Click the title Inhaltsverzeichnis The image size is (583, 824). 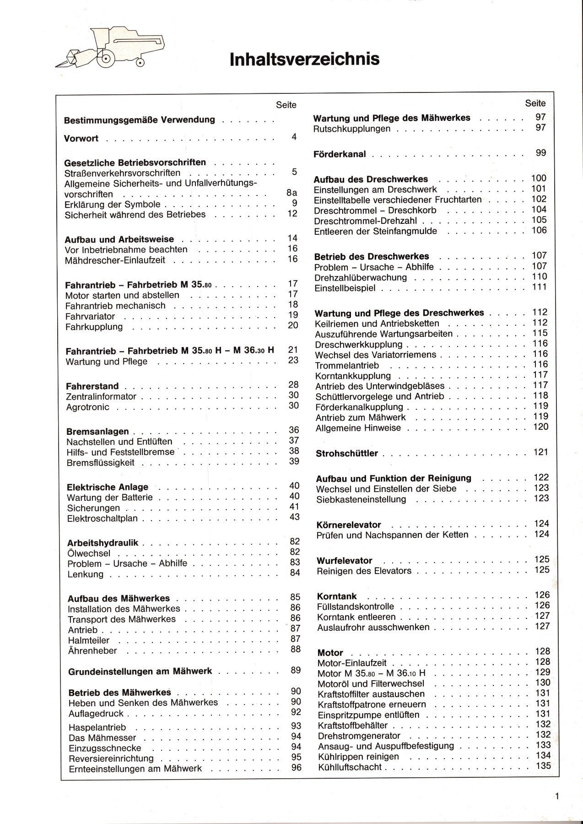coord(304,60)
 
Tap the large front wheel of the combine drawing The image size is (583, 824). coord(107,59)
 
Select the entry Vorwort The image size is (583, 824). coord(81,139)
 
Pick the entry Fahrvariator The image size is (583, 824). coord(90,316)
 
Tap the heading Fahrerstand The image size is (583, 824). coord(92,386)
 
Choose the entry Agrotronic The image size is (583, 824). coord(88,407)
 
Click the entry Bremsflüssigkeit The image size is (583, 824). coord(101,462)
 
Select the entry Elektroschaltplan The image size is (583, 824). coord(102,519)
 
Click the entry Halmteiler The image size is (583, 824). coord(89,640)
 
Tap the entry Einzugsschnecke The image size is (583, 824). coord(105,748)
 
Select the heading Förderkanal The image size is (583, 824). coord(340,154)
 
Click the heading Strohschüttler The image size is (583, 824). coord(347,454)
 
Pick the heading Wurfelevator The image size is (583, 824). coord(345,561)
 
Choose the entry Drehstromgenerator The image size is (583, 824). coord(359,736)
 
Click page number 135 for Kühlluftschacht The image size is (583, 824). coord(542,766)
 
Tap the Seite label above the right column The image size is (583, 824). coord(535,103)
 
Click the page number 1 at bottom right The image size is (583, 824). coord(557,797)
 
